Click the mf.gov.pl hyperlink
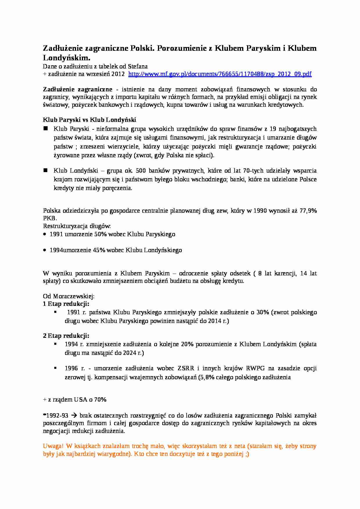tap(220, 74)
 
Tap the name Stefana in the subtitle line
tap(138, 66)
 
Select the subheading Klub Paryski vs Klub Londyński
tap(89, 120)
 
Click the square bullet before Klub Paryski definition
tap(45, 128)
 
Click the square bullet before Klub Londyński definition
tap(45, 170)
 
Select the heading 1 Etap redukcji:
tap(66, 304)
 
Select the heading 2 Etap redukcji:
tap(66, 336)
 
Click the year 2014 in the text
tap(215, 321)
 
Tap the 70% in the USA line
tap(100, 400)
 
